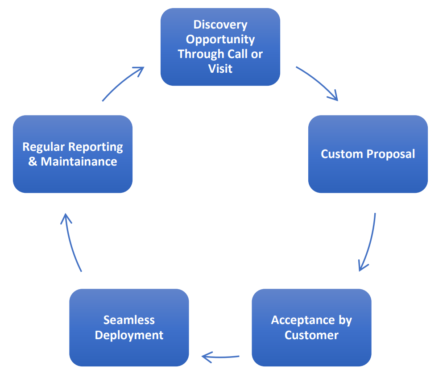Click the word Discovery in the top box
[220, 25]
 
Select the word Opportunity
[220, 39]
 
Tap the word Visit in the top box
[220, 69]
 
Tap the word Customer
[311, 335]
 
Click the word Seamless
[129, 320]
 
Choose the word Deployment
[129, 335]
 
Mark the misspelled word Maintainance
[79, 162]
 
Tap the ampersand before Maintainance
[33, 162]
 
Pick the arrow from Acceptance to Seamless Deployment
[221, 357]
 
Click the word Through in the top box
[199, 54]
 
